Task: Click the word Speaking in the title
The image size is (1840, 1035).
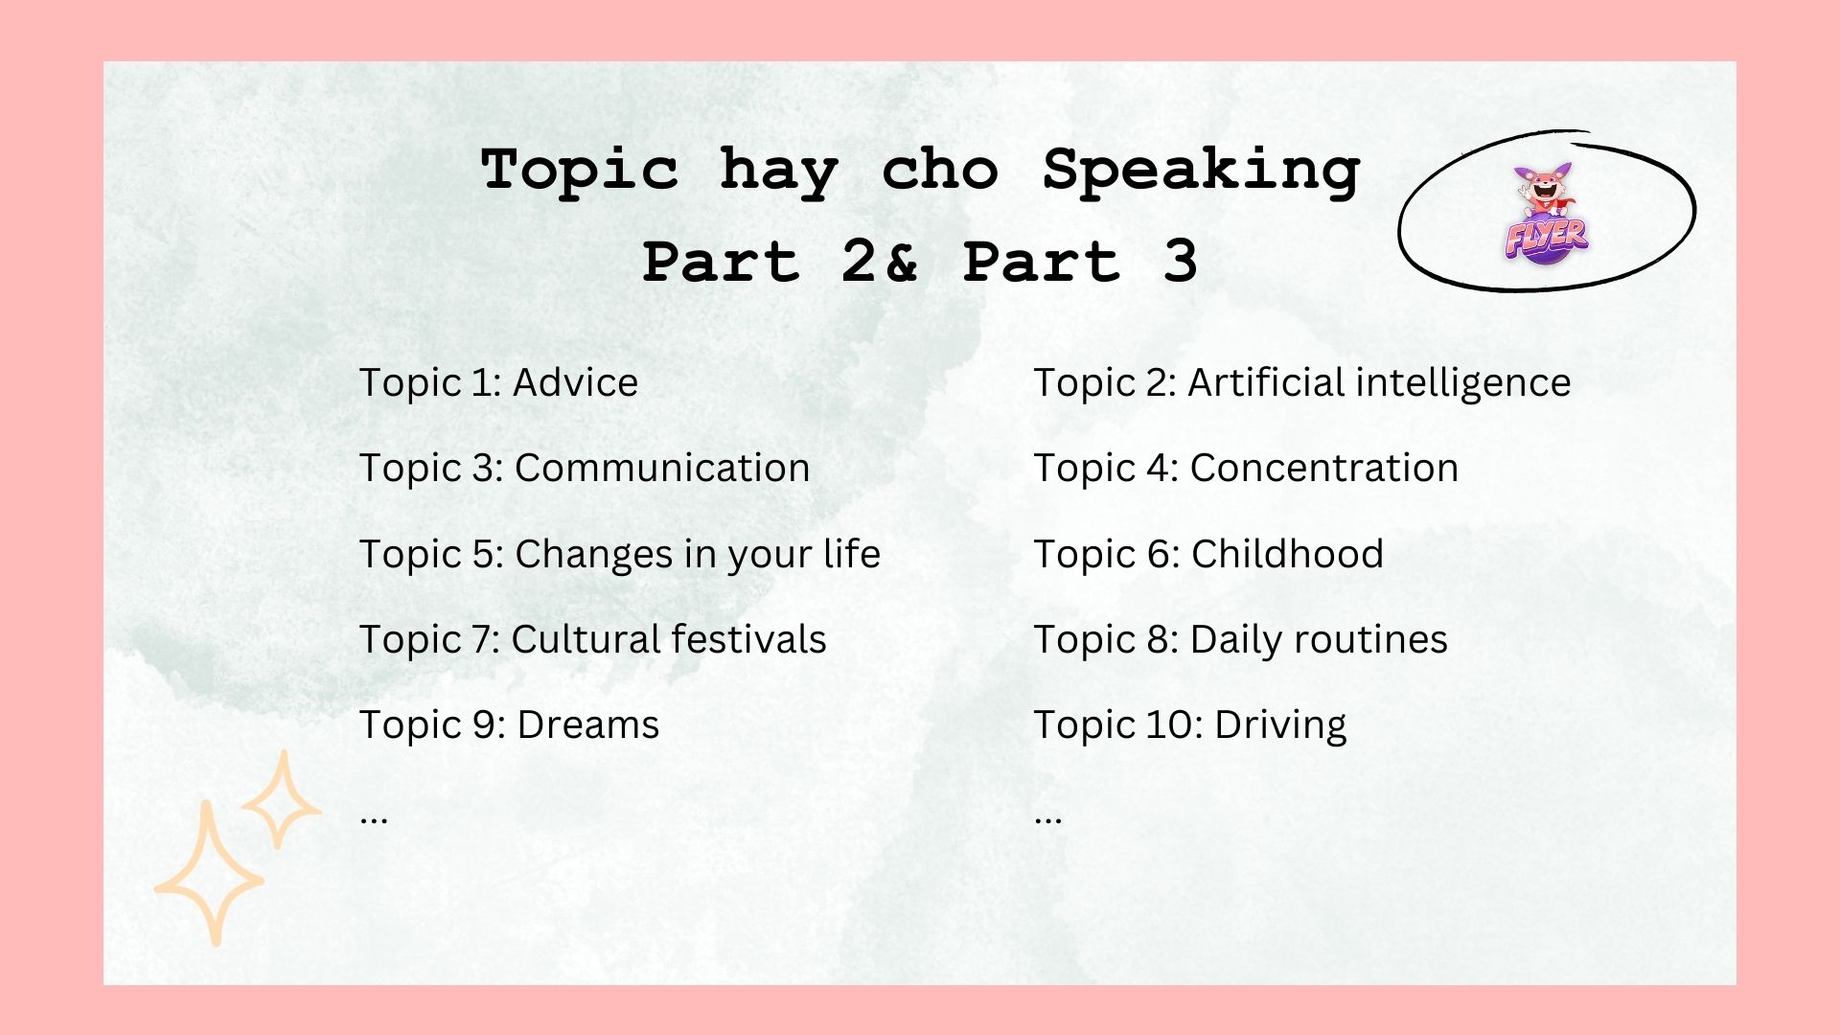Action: click(x=1201, y=172)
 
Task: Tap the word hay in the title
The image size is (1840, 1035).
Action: click(x=779, y=172)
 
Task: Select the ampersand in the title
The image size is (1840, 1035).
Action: click(x=900, y=262)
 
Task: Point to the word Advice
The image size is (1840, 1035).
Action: click(x=575, y=382)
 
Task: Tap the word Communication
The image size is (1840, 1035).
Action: click(x=662, y=468)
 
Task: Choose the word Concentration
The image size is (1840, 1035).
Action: click(x=1323, y=468)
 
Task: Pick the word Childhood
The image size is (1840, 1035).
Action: click(x=1287, y=554)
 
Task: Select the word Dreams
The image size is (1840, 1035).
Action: click(x=587, y=725)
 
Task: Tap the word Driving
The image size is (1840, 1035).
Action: click(x=1280, y=725)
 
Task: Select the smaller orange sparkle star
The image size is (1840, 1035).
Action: click(x=281, y=801)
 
